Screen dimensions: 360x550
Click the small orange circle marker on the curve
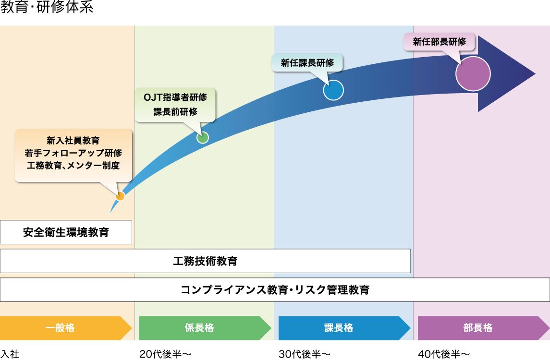(120, 196)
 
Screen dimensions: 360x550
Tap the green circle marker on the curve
(203, 137)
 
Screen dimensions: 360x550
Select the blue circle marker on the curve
(333, 90)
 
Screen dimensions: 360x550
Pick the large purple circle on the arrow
(473, 74)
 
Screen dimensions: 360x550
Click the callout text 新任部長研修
(440, 42)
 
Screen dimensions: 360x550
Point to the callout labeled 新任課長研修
(307, 63)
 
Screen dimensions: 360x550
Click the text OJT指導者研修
(175, 97)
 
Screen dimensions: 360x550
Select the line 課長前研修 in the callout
(175, 112)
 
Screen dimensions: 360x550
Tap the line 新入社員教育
(73, 141)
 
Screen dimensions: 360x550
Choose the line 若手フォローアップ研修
(73, 153)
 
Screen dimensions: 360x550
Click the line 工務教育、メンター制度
(73, 166)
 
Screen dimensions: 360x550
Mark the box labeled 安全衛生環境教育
(66, 232)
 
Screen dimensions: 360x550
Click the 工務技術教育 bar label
(205, 261)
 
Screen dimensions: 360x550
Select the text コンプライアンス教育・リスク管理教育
(275, 290)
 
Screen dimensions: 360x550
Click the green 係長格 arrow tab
(199, 328)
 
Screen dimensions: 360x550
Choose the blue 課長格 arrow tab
(339, 328)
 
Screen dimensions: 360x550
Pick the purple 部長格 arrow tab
(478, 328)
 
